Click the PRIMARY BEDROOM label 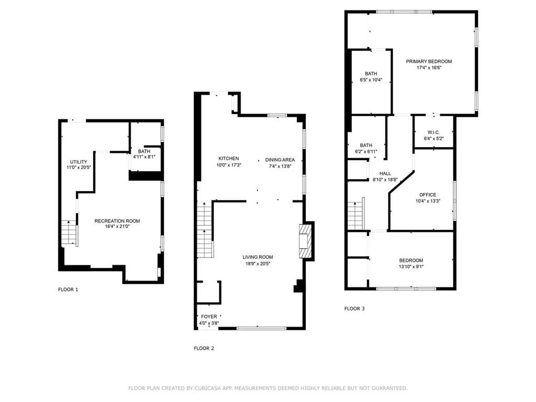point(429,61)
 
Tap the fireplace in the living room point(305,242)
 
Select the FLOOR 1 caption point(68,289)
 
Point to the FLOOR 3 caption point(354,309)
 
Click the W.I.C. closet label point(433,132)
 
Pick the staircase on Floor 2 point(205,230)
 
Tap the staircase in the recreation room point(69,233)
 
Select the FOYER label point(209,317)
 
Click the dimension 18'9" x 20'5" point(258,264)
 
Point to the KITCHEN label point(229,159)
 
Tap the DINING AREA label point(280,160)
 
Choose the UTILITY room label point(79,162)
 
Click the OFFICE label point(427,195)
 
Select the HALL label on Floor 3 point(385,173)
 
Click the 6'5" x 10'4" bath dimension point(371,80)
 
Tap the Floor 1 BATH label point(144,151)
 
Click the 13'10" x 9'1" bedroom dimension point(411,267)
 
